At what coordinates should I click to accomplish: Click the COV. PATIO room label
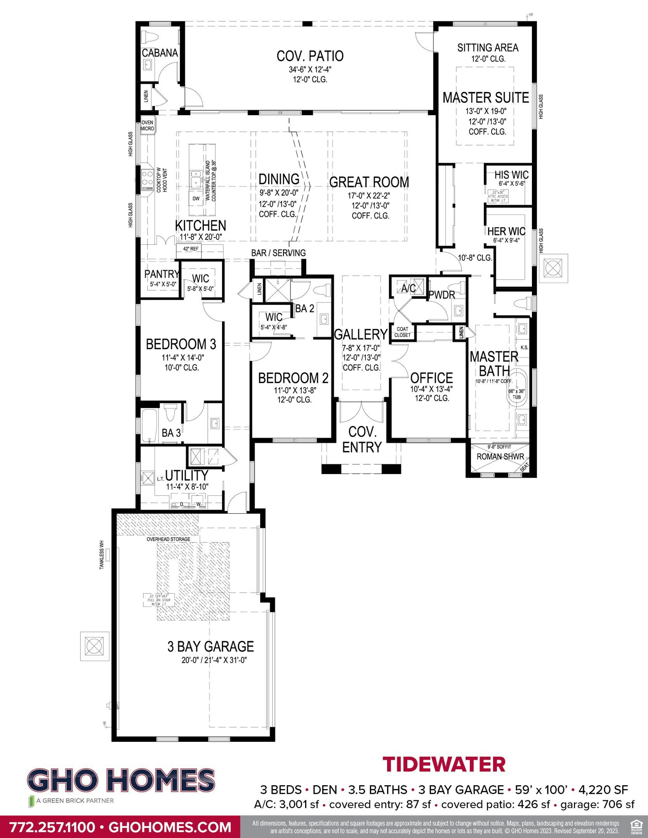(310, 56)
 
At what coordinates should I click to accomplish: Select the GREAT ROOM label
(369, 182)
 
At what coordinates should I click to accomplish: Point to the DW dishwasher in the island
(196, 199)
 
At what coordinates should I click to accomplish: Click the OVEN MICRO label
(147, 125)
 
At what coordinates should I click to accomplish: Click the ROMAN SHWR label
(500, 457)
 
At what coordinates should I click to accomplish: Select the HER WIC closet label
(506, 231)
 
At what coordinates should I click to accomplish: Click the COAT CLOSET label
(402, 332)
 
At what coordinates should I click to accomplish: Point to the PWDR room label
(441, 295)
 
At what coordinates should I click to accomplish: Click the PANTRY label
(162, 274)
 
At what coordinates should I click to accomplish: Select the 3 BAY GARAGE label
(210, 646)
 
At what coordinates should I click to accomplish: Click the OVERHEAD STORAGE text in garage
(169, 539)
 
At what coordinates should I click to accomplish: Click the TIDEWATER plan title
(444, 764)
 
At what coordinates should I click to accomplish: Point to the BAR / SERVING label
(278, 253)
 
